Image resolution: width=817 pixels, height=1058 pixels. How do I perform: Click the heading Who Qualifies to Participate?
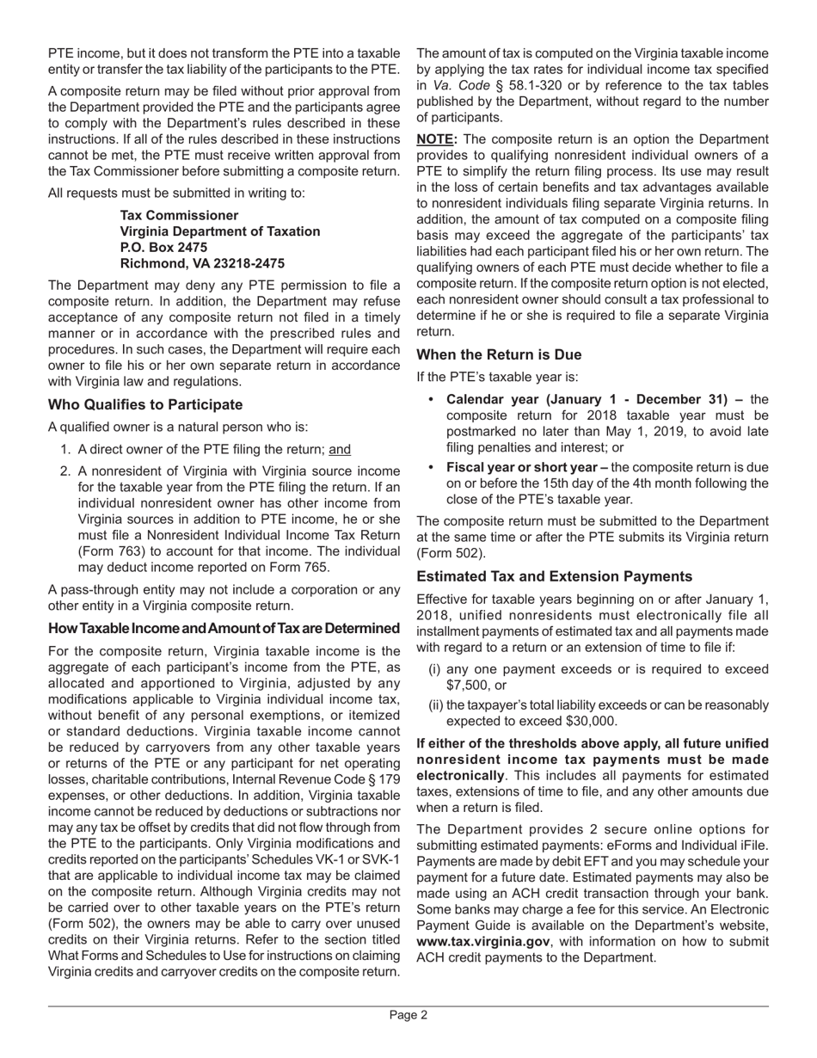tap(145, 404)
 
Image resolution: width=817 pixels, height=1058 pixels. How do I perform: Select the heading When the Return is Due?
tap(499, 354)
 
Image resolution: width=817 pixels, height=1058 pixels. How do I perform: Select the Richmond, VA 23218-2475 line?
tap(202, 263)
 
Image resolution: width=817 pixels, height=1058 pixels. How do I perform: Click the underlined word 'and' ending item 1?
tap(341, 449)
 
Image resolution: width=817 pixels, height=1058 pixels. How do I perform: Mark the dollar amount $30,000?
tap(587, 722)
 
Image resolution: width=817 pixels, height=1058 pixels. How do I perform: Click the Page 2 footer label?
tap(408, 1015)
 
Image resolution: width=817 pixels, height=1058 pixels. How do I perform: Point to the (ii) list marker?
tap(436, 705)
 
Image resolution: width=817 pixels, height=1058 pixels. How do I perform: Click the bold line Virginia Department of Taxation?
tap(220, 231)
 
